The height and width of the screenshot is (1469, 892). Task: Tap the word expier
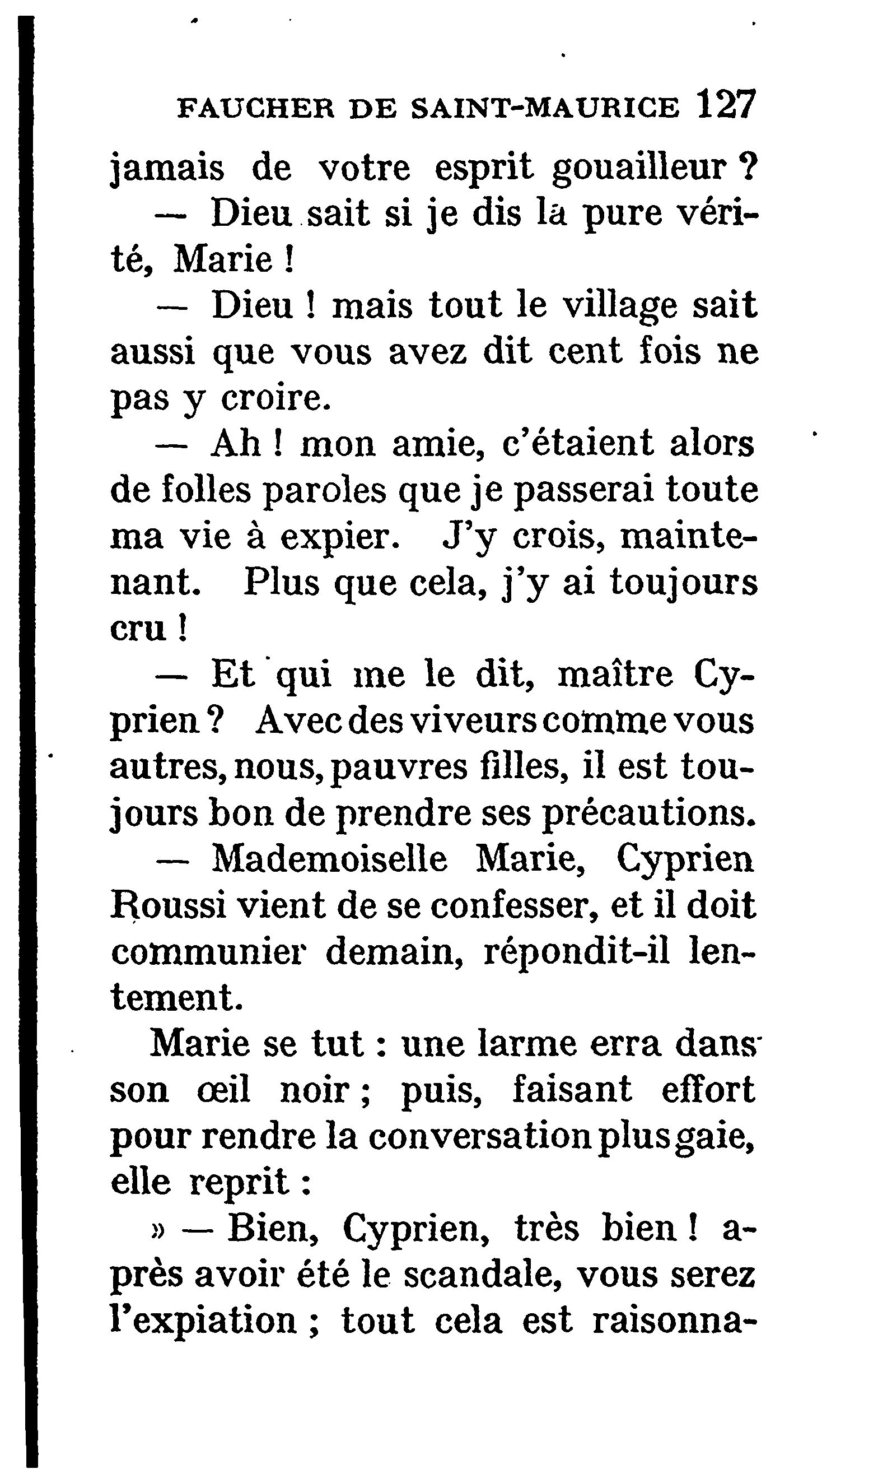[339, 537]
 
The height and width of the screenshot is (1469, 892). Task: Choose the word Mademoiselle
[329, 859]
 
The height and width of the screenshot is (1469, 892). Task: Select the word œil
[223, 1090]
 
